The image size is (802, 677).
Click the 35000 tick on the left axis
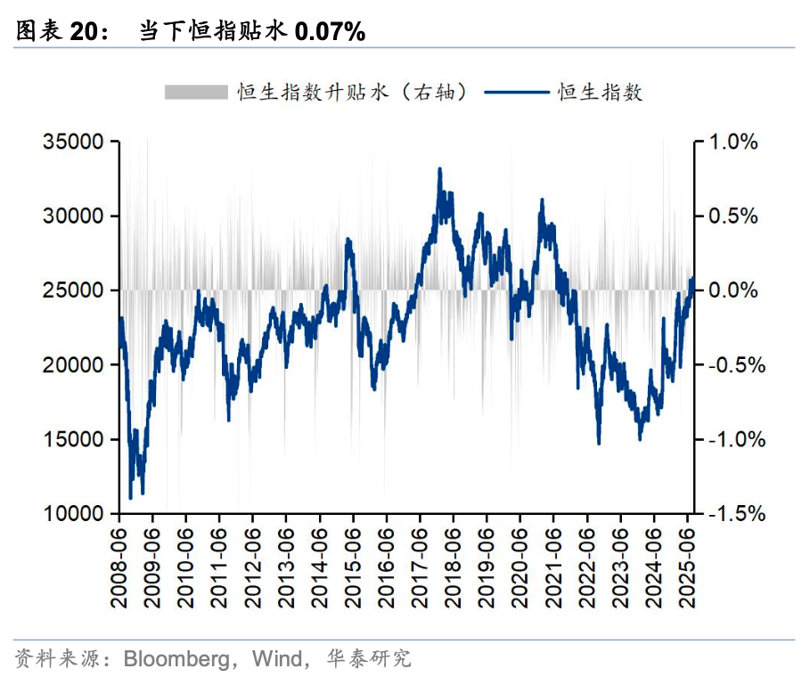[75, 142]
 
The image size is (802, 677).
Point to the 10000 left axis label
[75, 514]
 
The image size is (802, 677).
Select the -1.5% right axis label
[732, 514]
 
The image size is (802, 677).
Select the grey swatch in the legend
[196, 92]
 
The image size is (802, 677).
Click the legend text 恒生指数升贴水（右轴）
[353, 92]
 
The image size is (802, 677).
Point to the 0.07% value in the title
[330, 32]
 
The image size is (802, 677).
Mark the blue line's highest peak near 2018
[439, 168]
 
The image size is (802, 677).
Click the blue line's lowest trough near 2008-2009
[130, 498]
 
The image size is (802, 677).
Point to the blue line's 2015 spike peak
[348, 239]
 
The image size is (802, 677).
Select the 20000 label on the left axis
[75, 365]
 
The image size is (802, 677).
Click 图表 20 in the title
[56, 32]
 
